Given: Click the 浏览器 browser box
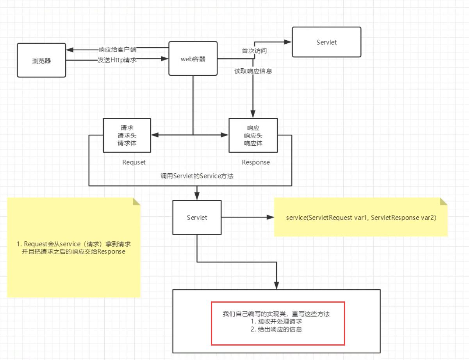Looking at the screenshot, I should pos(41,60).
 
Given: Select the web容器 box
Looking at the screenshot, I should pos(193,59).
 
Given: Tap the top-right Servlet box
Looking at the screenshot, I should pos(326,42).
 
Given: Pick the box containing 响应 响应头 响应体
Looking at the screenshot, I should pos(253,135).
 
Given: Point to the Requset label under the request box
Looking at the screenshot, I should pos(134,162).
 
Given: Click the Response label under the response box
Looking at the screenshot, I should pos(255,162).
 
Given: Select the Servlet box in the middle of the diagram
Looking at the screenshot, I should pos(197,217).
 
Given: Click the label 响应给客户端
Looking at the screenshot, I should pos(117,50).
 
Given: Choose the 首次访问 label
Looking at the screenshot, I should pos(254,51).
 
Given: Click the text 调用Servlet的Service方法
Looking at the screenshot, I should pos(197,176).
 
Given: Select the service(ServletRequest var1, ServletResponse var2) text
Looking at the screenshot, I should pos(361,217).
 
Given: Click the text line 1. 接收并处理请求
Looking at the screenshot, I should pos(276,322).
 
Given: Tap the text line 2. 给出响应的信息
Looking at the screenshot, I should pos(276,330).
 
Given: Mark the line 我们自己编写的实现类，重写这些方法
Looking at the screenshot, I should pos(276,314).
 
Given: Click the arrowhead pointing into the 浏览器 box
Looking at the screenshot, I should pos(69,50).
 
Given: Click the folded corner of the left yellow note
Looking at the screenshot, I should pos(136,201).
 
